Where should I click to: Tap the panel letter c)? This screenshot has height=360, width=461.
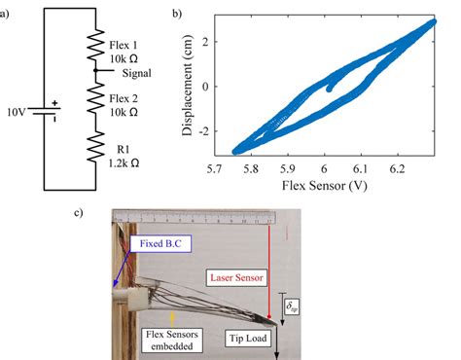(x=88, y=211)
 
